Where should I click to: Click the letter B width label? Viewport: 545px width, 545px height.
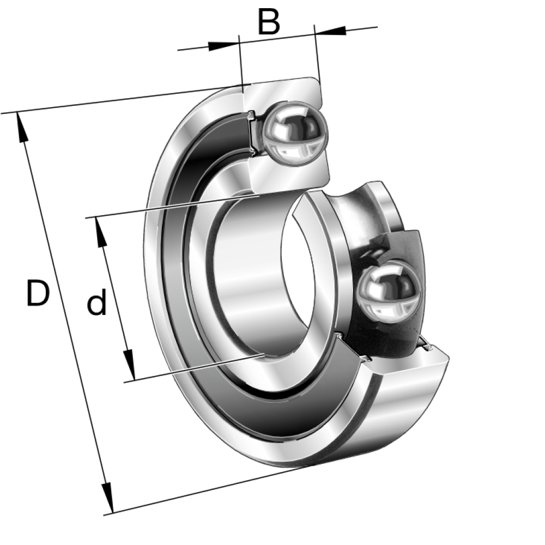269,22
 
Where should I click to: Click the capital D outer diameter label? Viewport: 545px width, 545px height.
38,293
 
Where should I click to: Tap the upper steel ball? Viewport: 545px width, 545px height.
295,134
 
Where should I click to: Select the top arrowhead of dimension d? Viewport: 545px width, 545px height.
100,232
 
